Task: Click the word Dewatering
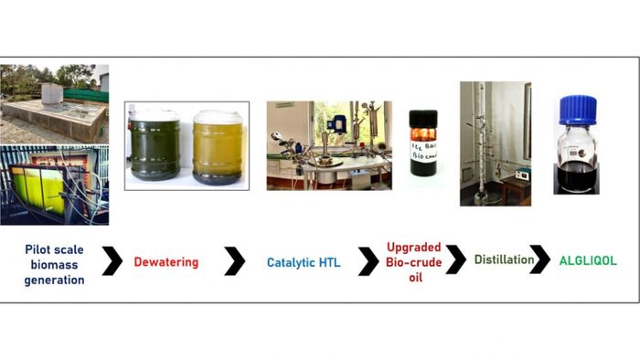[166, 263]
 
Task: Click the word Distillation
[503, 260]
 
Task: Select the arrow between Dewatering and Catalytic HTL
[235, 262]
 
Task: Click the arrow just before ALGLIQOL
[540, 260]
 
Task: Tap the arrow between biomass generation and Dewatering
[112, 261]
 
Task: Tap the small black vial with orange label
[423, 143]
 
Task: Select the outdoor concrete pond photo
[54, 102]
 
